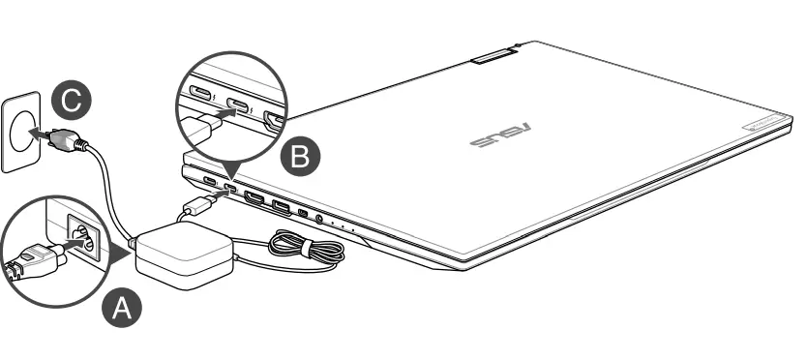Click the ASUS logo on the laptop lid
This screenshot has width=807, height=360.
tap(496, 136)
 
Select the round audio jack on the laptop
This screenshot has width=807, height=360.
tap(319, 220)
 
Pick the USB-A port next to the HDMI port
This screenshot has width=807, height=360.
tap(281, 205)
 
